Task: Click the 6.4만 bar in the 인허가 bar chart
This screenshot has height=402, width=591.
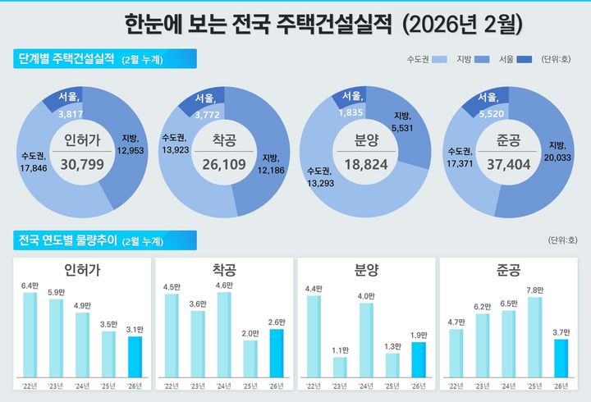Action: click(30, 336)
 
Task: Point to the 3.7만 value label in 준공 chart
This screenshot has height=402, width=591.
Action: click(561, 331)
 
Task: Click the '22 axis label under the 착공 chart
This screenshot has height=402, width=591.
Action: click(172, 385)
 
